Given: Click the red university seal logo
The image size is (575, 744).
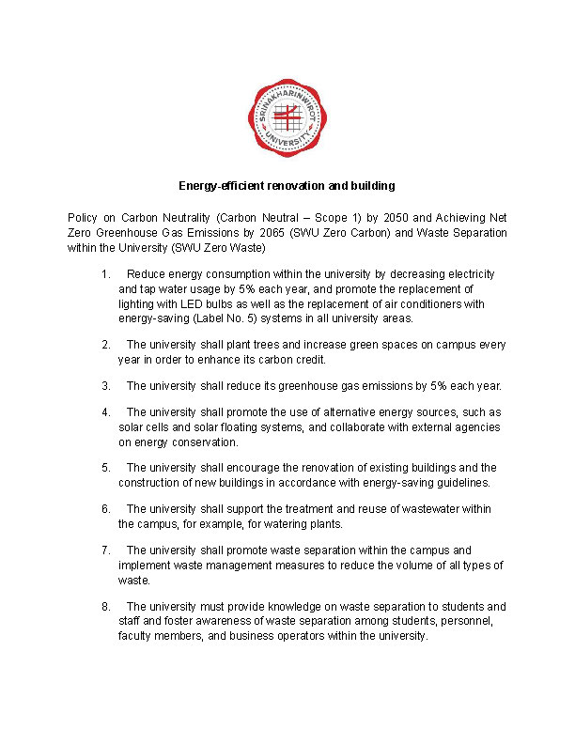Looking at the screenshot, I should (287, 117).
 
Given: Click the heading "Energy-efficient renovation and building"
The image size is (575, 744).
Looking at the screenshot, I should (287, 185).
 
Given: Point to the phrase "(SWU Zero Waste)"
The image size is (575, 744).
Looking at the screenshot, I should (225, 248).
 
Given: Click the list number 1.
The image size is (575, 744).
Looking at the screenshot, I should (103, 274).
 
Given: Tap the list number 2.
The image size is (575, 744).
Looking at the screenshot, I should (103, 346).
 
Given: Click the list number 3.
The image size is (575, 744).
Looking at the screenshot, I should (103, 386).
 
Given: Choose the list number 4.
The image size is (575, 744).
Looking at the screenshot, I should (103, 412).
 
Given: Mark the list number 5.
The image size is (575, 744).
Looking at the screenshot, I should (103, 468).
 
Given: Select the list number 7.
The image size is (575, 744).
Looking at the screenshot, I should (103, 550).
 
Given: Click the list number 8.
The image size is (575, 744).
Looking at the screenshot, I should (103, 607).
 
